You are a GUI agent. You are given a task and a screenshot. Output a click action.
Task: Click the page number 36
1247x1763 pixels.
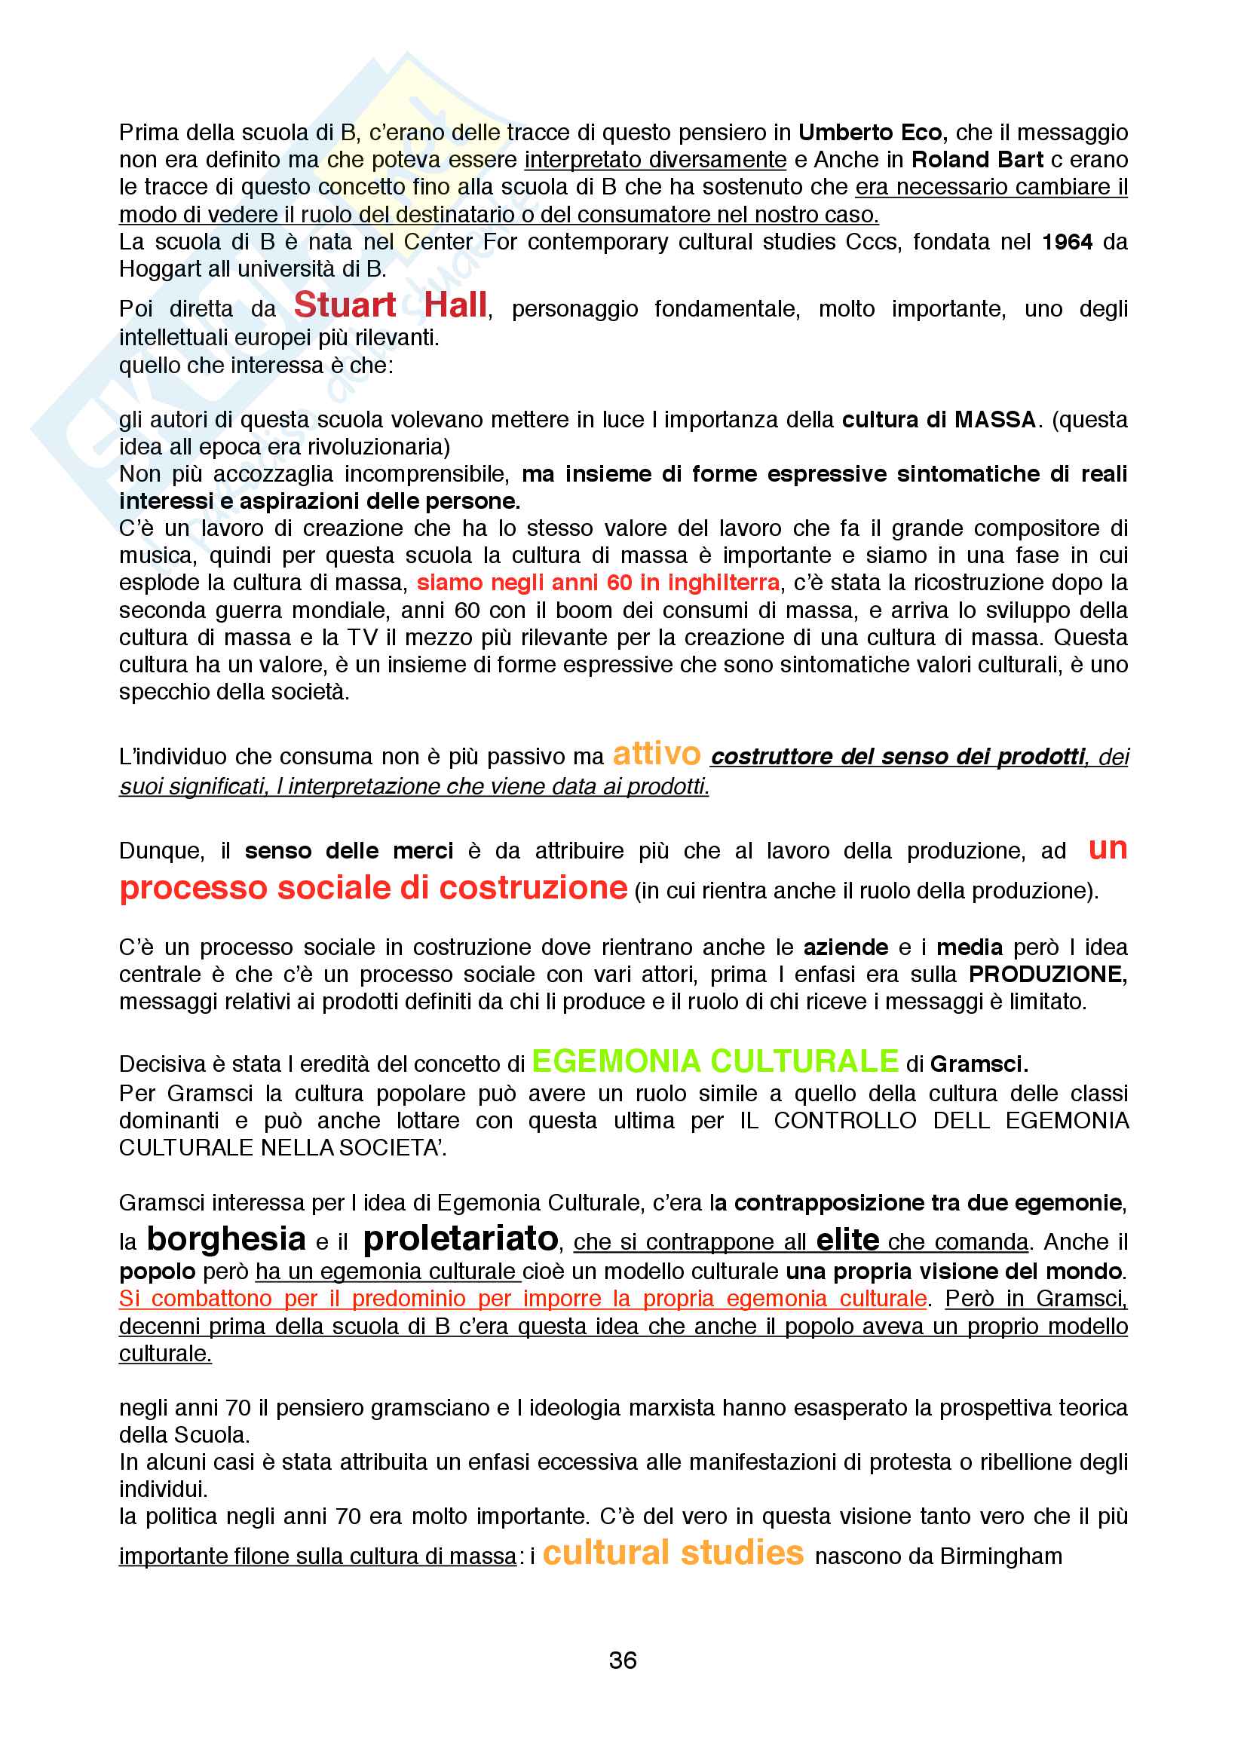tap(623, 1660)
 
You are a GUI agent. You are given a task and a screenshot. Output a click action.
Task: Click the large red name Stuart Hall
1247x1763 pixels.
tap(390, 305)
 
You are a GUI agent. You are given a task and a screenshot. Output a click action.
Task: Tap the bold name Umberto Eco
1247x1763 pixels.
tap(870, 133)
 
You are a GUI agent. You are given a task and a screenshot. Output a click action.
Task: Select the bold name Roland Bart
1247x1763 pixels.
tap(976, 160)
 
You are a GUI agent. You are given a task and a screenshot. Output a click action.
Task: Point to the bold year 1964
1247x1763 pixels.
tap(1067, 242)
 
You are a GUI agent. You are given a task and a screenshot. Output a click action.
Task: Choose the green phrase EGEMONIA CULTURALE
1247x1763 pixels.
tap(714, 1061)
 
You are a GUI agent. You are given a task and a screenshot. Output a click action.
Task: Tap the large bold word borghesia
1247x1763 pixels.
tap(226, 1238)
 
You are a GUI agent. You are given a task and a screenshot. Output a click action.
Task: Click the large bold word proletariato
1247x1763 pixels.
tap(461, 1238)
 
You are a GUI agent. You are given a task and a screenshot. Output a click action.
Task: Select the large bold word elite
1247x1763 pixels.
tap(847, 1240)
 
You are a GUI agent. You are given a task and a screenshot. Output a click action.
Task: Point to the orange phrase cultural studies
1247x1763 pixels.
tap(673, 1553)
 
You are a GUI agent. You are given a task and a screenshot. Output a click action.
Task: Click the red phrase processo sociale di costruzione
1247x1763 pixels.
tap(373, 888)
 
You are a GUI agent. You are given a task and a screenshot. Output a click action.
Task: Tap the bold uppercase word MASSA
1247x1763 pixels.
tap(995, 420)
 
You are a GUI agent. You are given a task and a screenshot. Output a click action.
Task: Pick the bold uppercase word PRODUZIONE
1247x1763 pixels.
tap(1046, 975)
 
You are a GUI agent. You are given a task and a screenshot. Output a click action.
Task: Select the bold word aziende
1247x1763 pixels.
tap(845, 947)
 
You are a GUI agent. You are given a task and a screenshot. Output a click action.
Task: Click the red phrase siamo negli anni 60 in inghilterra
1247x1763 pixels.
tap(598, 583)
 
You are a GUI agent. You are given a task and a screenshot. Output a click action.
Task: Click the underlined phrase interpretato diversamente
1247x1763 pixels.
tap(655, 160)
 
